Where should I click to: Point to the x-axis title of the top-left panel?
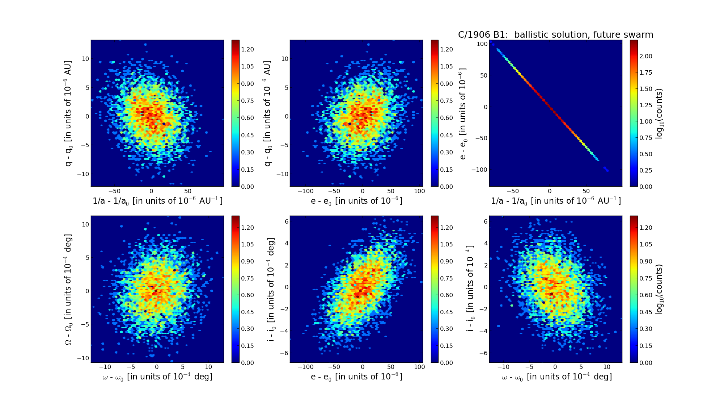click(x=158, y=201)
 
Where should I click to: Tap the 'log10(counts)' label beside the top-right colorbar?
click(x=659, y=113)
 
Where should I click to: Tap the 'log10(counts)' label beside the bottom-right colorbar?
click(x=659, y=289)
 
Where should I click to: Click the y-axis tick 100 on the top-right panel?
click(x=482, y=44)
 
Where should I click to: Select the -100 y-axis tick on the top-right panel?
click(x=480, y=170)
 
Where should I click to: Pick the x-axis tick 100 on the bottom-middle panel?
click(x=419, y=367)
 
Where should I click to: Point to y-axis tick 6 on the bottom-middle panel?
click(x=286, y=221)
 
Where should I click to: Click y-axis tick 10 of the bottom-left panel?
click(x=85, y=224)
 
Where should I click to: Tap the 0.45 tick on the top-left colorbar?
click(x=247, y=135)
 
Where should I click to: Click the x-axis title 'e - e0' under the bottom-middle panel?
click(x=356, y=377)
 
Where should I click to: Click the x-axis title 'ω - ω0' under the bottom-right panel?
click(x=556, y=377)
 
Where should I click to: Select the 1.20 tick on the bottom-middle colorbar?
click(x=446, y=228)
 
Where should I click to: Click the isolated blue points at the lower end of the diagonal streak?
click(x=606, y=169)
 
